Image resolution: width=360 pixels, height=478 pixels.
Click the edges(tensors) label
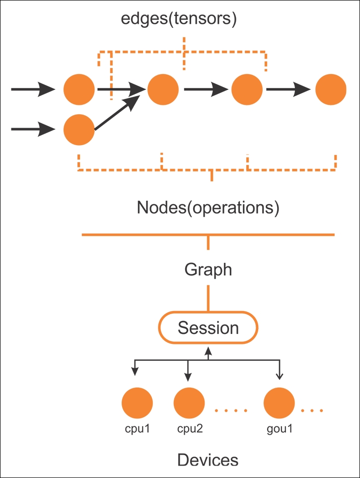coord(179,19)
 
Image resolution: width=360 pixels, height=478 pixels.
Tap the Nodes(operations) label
coord(208,208)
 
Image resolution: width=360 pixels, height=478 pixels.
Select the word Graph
coord(208,270)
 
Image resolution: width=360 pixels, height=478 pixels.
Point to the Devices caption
coord(208,460)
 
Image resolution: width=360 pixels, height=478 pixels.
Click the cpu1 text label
coord(138,429)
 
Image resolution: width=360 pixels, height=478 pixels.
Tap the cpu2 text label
coord(190,429)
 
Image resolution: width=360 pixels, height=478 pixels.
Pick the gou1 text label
coord(280,429)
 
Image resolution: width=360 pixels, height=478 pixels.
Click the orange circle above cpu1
coord(137,403)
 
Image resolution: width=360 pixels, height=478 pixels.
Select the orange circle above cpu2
coord(189,403)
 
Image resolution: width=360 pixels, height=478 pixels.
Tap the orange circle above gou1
coord(279,403)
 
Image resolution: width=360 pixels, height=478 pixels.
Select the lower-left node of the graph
coord(79,130)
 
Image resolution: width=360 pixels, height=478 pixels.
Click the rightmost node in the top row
coord(331,89)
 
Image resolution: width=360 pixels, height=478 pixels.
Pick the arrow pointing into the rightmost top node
coord(288,89)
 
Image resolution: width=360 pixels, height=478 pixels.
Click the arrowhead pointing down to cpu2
coord(188,377)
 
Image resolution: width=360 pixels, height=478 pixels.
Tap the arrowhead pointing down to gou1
coord(279,376)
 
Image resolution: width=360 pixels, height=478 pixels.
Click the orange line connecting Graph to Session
coord(208,298)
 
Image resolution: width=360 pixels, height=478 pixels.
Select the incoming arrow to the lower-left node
coord(33,129)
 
